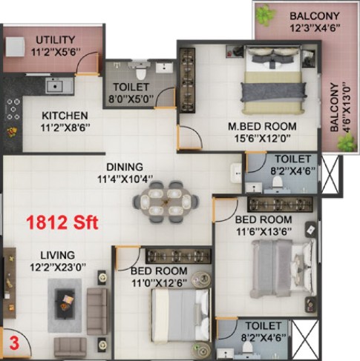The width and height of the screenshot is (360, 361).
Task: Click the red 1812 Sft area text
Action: (62, 222)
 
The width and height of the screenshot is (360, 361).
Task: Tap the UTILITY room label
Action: (56, 40)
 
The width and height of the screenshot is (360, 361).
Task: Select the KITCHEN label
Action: (65, 116)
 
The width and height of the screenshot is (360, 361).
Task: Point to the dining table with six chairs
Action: (166, 202)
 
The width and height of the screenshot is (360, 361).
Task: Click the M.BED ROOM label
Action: (262, 127)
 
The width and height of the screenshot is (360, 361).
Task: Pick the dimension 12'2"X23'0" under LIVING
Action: (58, 267)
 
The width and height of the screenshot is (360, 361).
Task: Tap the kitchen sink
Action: (59, 86)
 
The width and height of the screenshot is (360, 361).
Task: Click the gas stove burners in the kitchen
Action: (13, 109)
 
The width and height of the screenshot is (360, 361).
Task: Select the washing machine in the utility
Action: (15, 47)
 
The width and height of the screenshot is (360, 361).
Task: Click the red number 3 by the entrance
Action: (14, 344)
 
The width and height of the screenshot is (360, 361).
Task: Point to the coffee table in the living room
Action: (65, 303)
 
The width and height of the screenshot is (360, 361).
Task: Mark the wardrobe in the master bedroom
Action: (187, 80)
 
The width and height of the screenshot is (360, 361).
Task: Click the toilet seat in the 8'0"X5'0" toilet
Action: (141, 73)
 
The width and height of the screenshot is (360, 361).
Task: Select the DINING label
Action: (125, 167)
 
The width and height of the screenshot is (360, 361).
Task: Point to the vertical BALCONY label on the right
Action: (334, 107)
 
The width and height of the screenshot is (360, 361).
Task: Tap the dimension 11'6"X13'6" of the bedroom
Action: (264, 232)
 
